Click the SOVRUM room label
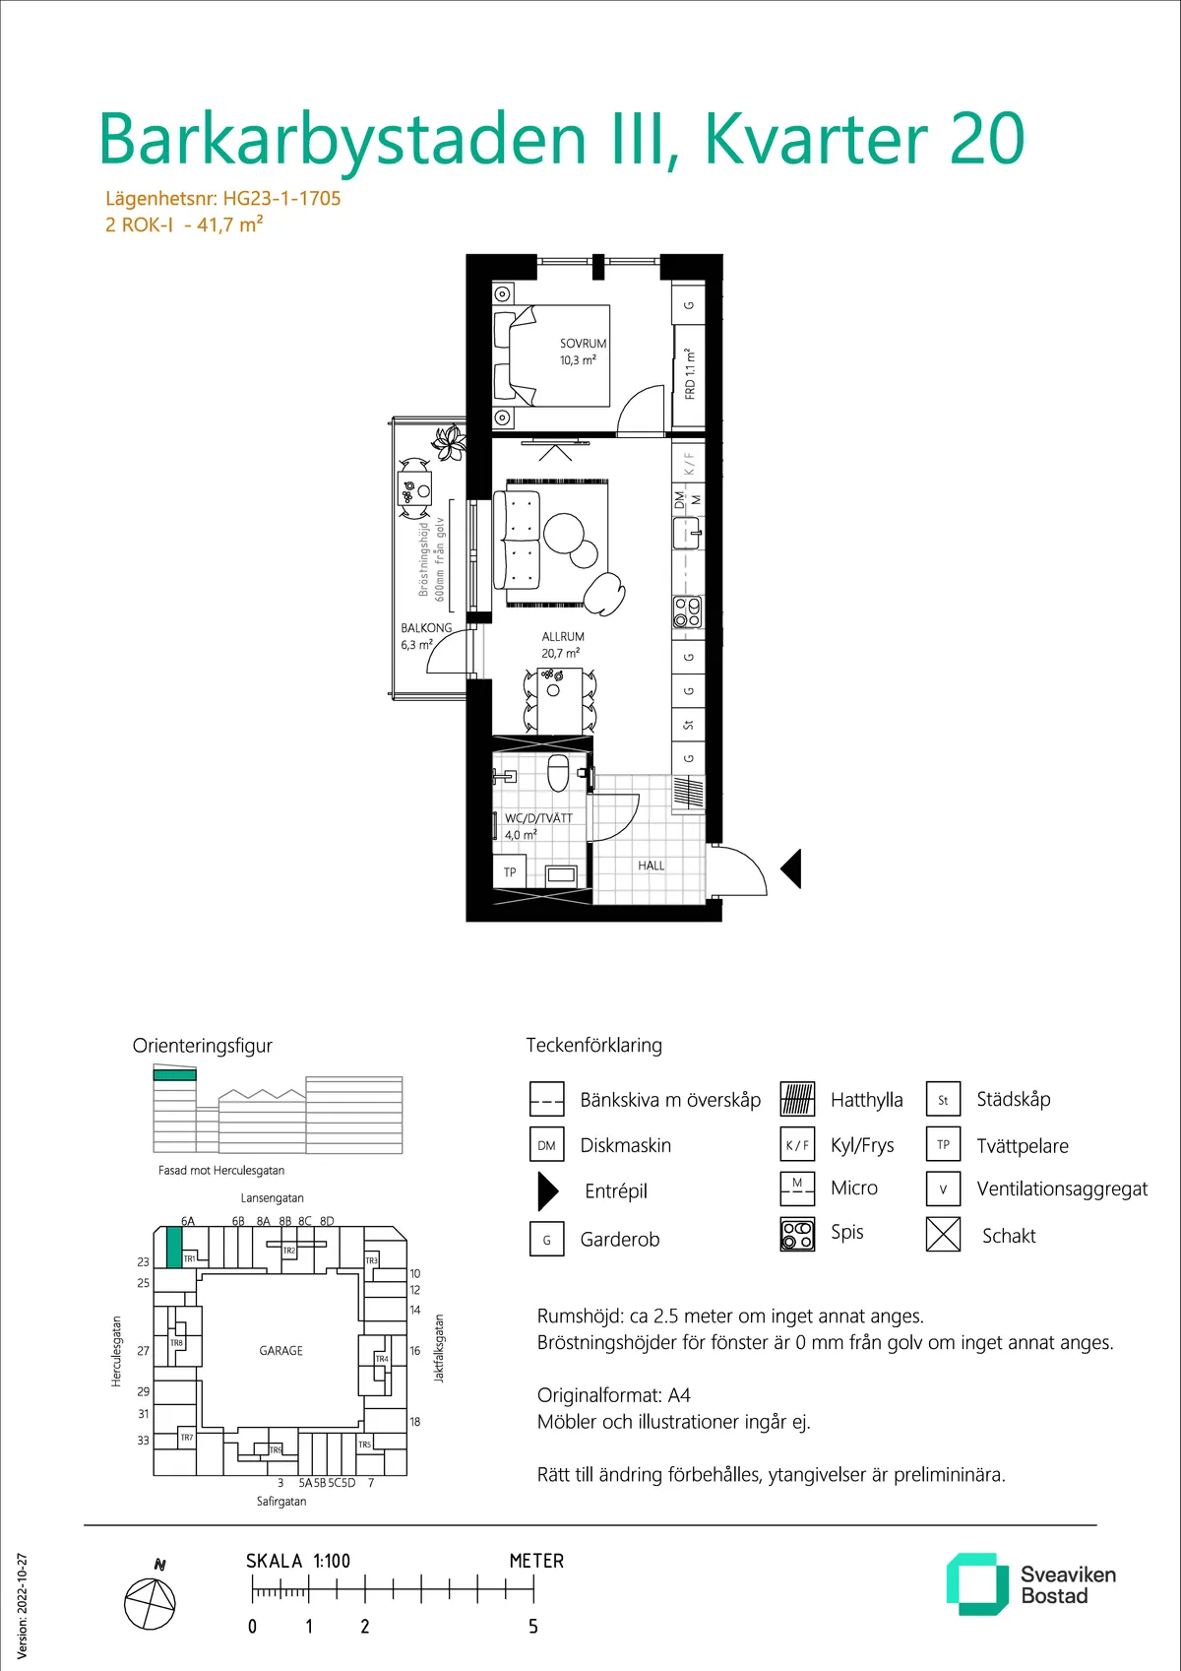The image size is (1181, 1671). point(583,343)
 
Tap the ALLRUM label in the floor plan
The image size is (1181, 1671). point(563,636)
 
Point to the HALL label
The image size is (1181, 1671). point(651,866)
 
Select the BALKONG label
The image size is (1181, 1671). point(426,628)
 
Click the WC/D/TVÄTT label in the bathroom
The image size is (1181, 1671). point(538,817)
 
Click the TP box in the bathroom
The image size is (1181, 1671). point(510,872)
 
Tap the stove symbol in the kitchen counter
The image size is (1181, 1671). point(687,611)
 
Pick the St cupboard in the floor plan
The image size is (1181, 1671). point(688,725)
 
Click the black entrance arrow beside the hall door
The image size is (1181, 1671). point(791,868)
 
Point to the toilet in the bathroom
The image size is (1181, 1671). point(558,772)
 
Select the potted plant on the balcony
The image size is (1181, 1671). point(450,443)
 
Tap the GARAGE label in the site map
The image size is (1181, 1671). point(281,1350)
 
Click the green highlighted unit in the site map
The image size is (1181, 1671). point(174,1248)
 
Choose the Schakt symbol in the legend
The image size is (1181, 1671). point(943,1235)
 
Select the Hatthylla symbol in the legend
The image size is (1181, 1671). point(797,1099)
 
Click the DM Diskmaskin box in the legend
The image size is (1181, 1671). point(546,1145)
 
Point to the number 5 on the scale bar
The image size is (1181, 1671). point(533,1627)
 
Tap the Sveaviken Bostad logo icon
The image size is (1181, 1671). point(972,1583)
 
